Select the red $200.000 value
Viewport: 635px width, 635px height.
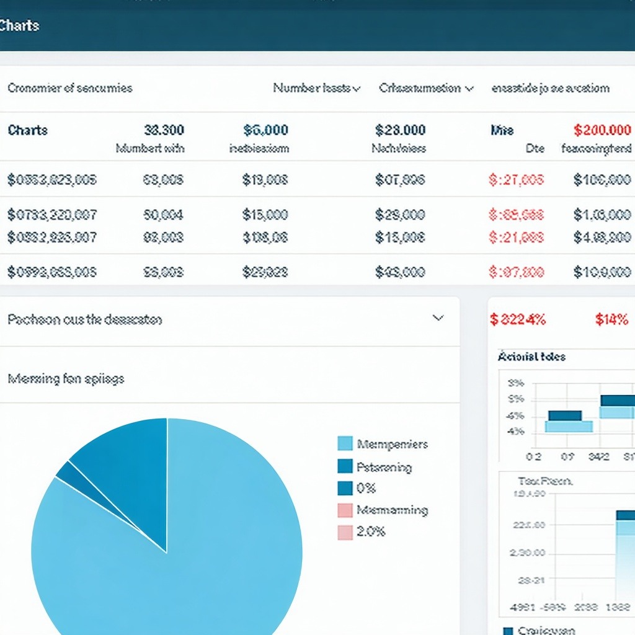point(602,130)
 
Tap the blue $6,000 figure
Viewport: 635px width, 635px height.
point(265,130)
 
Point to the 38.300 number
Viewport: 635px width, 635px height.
point(164,130)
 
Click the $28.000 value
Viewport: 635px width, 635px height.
point(400,130)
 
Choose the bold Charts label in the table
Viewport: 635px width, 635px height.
point(27,130)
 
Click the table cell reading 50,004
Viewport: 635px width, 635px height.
point(163,215)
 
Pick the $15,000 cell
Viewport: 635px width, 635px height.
point(265,215)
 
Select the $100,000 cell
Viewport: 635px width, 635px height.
point(602,180)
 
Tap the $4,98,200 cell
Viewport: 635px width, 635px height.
point(602,237)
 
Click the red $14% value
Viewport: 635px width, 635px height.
point(611,319)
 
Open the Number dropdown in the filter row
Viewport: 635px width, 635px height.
point(316,88)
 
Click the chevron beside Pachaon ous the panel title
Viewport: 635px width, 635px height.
point(438,318)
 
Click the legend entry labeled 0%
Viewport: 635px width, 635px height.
point(357,488)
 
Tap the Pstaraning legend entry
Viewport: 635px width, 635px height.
point(375,467)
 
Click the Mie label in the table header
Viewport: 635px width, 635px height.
point(502,130)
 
